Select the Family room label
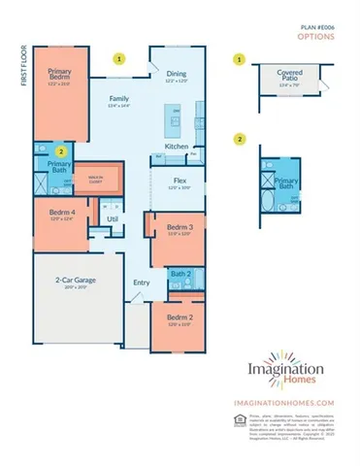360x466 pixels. click(118, 98)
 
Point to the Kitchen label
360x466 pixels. click(176, 146)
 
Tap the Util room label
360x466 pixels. click(112, 219)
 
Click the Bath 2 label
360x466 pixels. click(180, 275)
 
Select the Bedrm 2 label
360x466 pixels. click(177, 318)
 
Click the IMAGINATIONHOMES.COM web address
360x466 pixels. click(283, 402)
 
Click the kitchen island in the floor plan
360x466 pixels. click(177, 117)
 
